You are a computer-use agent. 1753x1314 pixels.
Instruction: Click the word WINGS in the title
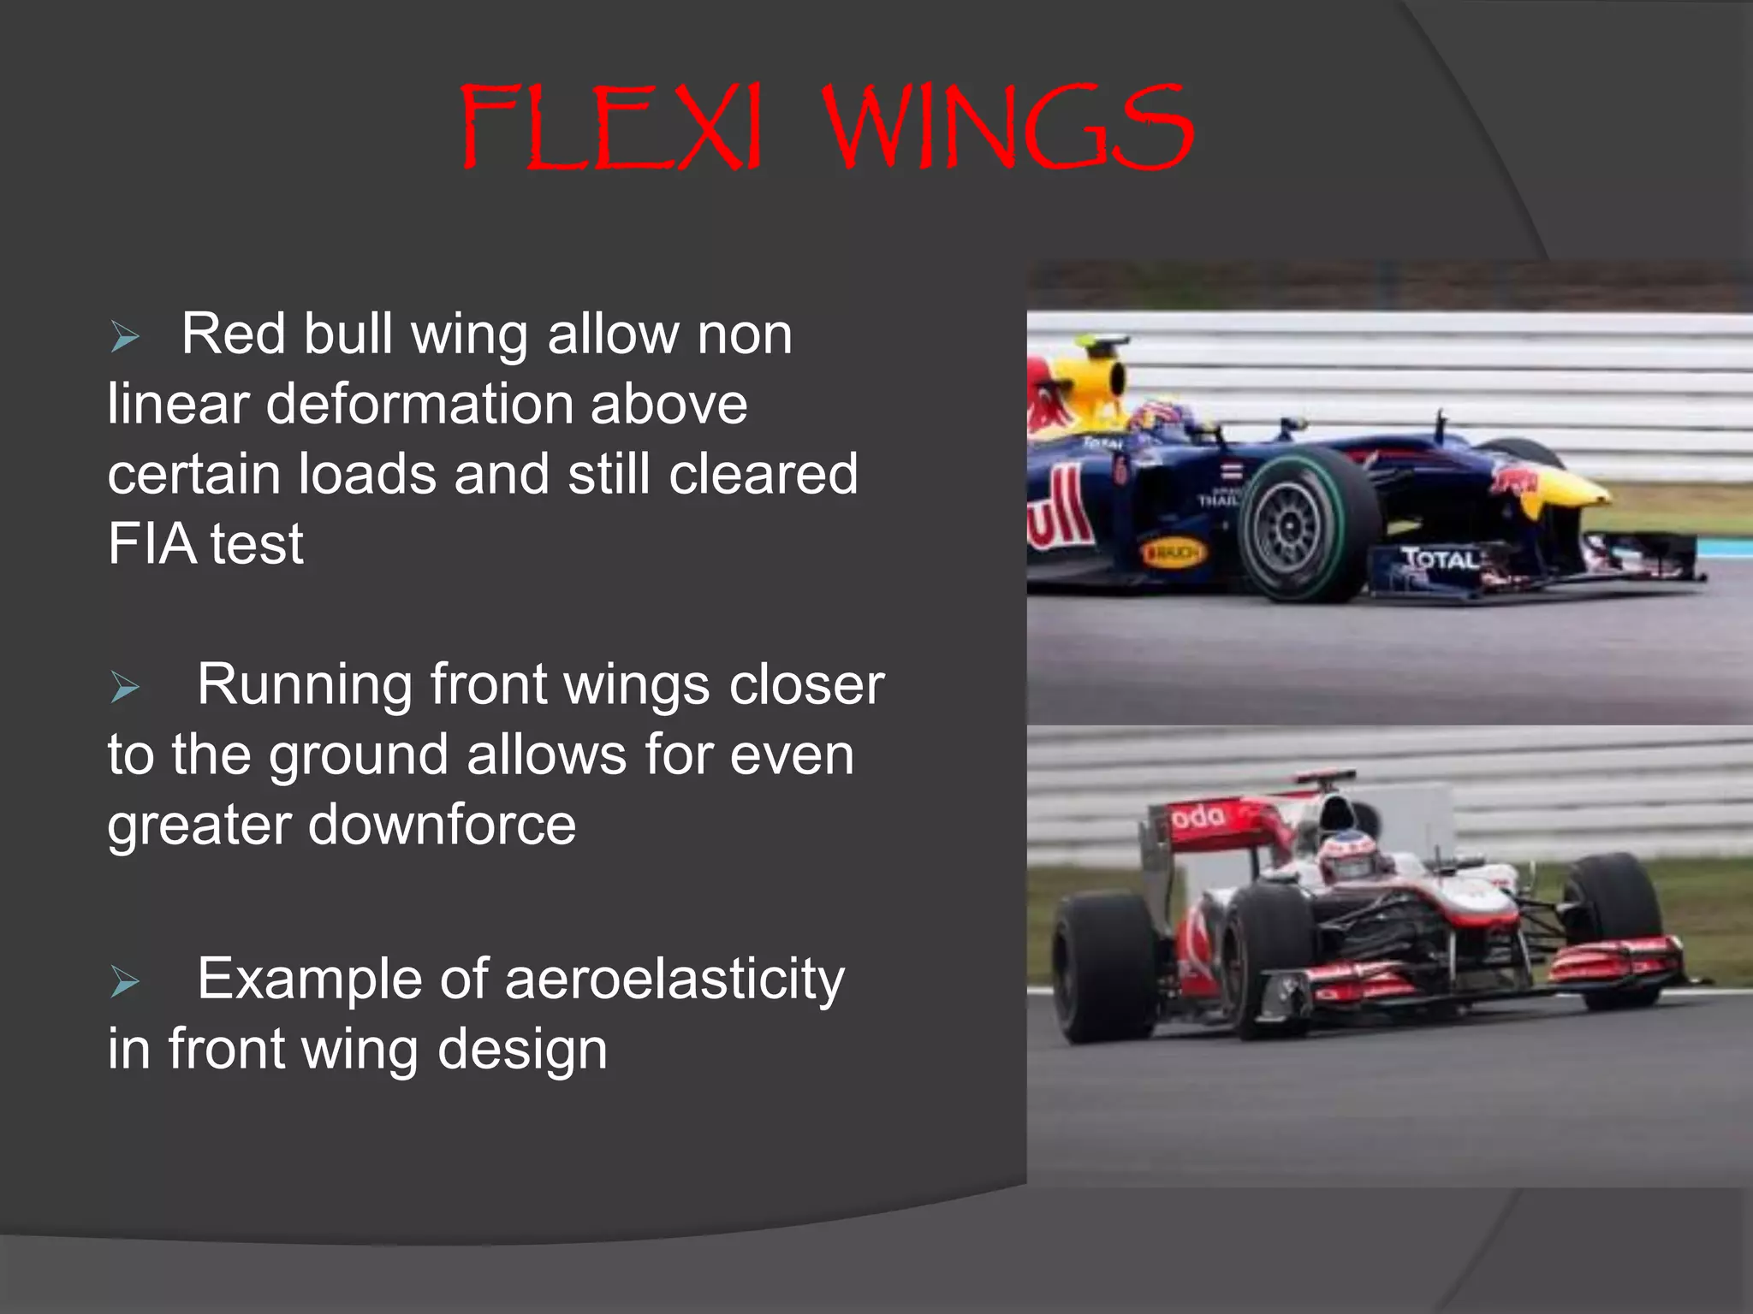1008,128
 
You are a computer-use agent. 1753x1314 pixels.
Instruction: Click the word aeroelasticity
674,979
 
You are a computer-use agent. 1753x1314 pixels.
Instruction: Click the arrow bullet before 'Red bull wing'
125,337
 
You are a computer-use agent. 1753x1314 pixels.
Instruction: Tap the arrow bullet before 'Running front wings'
125,687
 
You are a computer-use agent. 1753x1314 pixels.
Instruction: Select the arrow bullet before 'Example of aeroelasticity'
125,982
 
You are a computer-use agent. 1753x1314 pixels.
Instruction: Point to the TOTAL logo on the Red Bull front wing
1440,559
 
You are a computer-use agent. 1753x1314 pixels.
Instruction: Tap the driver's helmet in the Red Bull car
1161,417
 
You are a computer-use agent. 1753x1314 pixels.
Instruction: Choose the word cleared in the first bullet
763,474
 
